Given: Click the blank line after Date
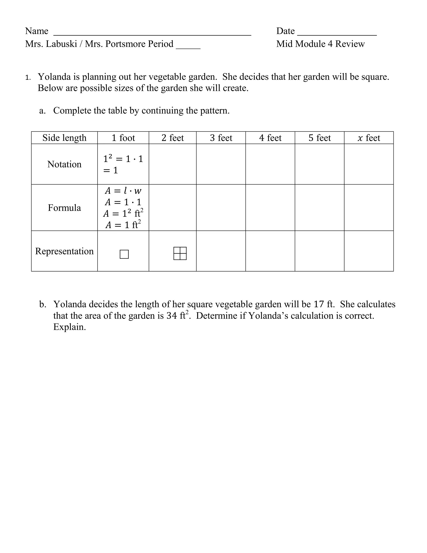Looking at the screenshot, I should tap(337, 34).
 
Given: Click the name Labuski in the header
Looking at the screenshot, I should tap(62, 44).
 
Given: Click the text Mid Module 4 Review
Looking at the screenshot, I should tap(320, 44).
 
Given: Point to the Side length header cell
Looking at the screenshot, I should tap(64, 138).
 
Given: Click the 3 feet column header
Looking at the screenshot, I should tap(221, 138).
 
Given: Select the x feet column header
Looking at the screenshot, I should tap(369, 138).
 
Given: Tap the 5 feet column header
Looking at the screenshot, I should tap(319, 138).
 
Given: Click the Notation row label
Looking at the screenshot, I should tap(64, 164).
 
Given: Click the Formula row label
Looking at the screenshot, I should tap(64, 208).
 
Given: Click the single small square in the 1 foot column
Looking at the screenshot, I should tap(124, 254).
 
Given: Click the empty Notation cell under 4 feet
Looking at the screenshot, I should tap(270, 164).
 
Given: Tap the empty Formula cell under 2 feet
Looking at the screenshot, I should tap(172, 208).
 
